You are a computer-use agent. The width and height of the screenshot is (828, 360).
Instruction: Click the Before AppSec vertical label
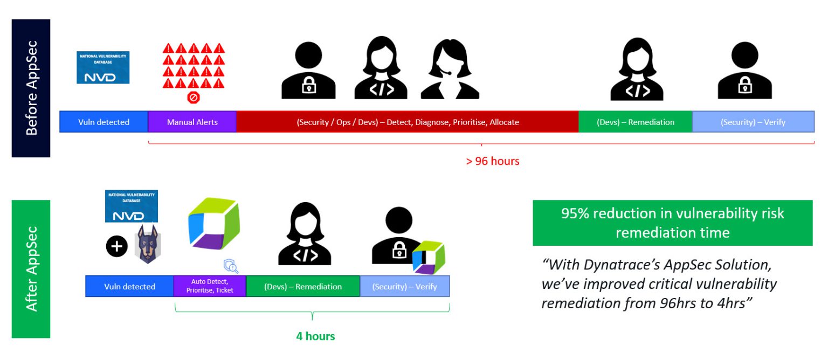(31, 88)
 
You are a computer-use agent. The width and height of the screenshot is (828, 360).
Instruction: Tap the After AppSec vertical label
(31, 269)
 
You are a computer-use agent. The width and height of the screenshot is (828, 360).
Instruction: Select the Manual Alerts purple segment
(192, 122)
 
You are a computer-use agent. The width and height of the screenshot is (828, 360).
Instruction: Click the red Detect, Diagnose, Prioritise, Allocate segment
(407, 122)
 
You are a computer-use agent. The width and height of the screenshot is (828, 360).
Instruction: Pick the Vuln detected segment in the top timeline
(103, 122)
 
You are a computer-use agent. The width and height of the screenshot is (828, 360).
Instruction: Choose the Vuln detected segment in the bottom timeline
(129, 286)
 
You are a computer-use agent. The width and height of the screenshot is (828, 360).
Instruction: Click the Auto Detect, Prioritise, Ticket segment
(210, 286)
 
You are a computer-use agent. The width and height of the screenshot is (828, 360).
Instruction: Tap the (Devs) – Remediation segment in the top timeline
(635, 122)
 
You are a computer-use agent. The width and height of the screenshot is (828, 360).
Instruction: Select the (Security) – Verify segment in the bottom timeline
(404, 286)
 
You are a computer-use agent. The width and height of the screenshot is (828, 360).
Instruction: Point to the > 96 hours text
(492, 161)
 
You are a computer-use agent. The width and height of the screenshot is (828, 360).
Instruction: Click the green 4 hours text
(315, 336)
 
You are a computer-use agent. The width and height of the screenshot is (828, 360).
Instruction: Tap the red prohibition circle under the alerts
(193, 98)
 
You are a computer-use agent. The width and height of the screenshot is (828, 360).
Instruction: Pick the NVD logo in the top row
(103, 67)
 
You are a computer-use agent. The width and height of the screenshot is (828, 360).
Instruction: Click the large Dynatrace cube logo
(212, 224)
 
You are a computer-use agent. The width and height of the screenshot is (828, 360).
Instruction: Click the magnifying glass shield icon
(231, 266)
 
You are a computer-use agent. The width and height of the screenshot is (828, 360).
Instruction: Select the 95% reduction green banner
(672, 223)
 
